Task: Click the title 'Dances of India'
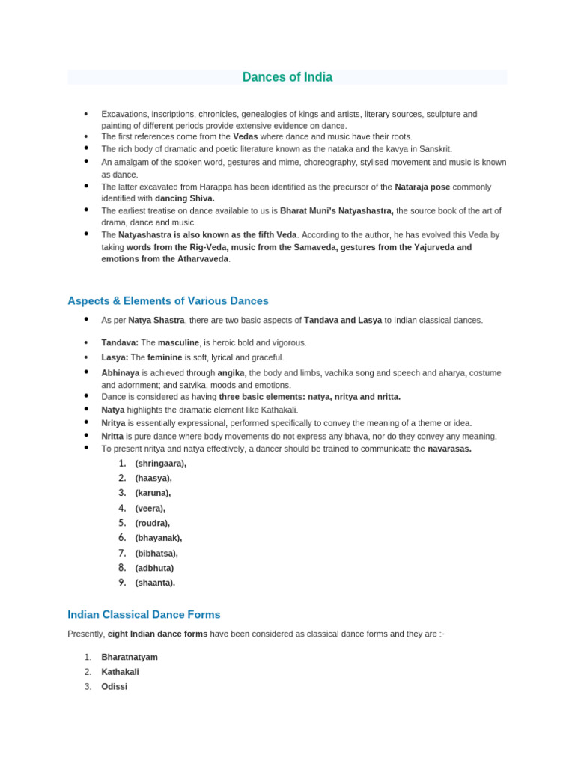click(x=287, y=77)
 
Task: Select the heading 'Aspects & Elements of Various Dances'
click(x=168, y=300)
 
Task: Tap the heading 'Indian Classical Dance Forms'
click(x=144, y=614)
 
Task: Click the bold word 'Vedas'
click(x=246, y=137)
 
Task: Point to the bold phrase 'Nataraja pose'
click(x=423, y=187)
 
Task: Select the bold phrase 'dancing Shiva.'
click(x=184, y=198)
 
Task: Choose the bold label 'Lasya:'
click(x=115, y=357)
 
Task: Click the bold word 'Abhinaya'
click(x=120, y=372)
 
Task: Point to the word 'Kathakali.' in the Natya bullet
click(x=278, y=410)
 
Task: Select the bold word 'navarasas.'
click(x=449, y=449)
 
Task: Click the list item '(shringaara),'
click(x=160, y=464)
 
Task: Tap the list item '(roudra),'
click(x=152, y=524)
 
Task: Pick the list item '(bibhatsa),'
click(x=156, y=554)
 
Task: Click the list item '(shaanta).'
click(x=155, y=583)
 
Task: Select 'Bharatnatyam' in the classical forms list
click(x=130, y=657)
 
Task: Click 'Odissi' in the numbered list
click(x=115, y=686)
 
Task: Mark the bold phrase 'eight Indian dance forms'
click(x=157, y=634)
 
